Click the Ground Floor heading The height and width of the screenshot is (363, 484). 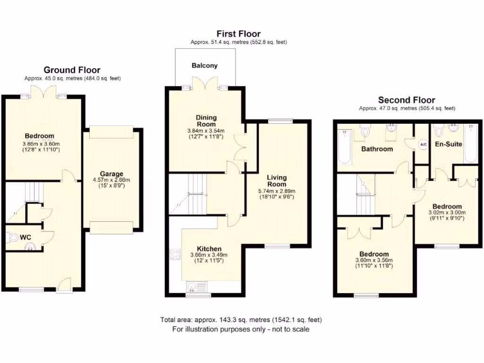pos(72,70)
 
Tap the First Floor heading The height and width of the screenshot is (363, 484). pos(238,34)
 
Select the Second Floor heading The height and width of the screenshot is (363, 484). pos(406,100)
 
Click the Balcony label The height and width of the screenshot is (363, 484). pos(205,66)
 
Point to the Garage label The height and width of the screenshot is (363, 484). pos(111,173)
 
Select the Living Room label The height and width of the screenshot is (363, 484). pos(277,181)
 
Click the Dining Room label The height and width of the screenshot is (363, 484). pos(206,121)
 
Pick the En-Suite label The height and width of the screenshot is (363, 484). pos(449,144)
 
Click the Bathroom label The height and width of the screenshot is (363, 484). pos(377,149)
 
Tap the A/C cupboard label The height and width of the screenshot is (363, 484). pos(423,144)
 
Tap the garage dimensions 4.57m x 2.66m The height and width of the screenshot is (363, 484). pos(111,180)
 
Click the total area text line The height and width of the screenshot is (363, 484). pos(242,320)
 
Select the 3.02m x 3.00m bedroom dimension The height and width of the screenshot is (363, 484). pos(447,213)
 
